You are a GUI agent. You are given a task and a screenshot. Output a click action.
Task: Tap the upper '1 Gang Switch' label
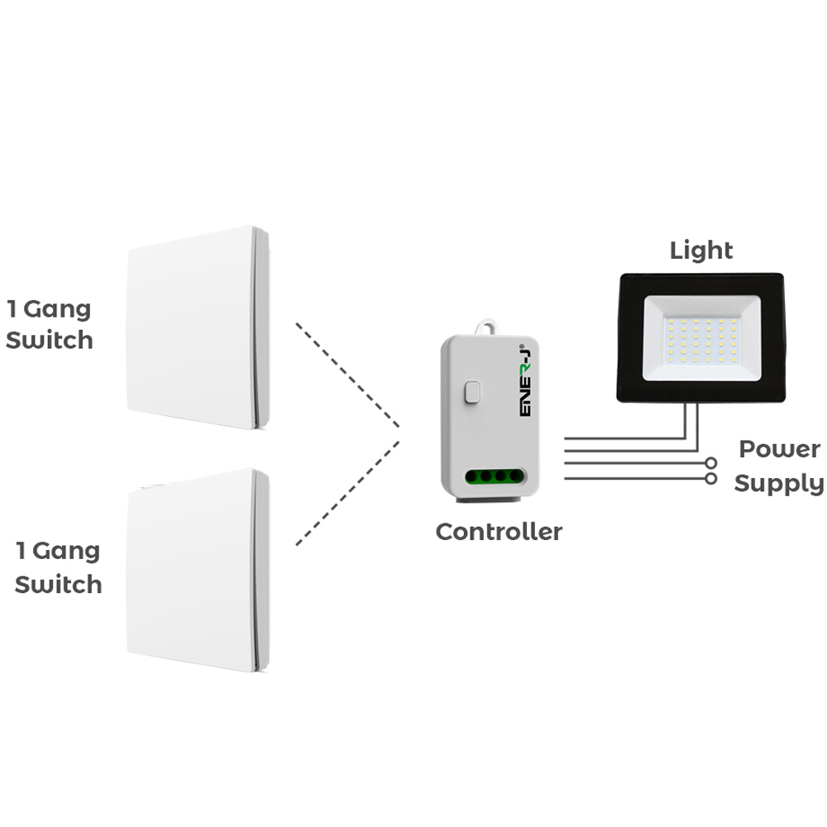tap(50, 325)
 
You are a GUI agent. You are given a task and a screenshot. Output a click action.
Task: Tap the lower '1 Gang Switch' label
tap(58, 567)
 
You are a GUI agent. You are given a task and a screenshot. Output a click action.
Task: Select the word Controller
tap(499, 532)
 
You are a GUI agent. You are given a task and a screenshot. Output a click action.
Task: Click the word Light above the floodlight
tap(701, 250)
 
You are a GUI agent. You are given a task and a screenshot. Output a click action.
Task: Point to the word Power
tap(779, 450)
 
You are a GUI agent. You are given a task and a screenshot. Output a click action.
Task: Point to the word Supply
tap(779, 484)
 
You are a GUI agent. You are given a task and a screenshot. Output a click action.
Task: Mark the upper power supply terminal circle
tap(710, 463)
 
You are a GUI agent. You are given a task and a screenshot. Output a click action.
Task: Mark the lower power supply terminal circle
tap(710, 478)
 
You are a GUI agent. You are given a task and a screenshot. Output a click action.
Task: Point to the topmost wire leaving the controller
tap(620, 437)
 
